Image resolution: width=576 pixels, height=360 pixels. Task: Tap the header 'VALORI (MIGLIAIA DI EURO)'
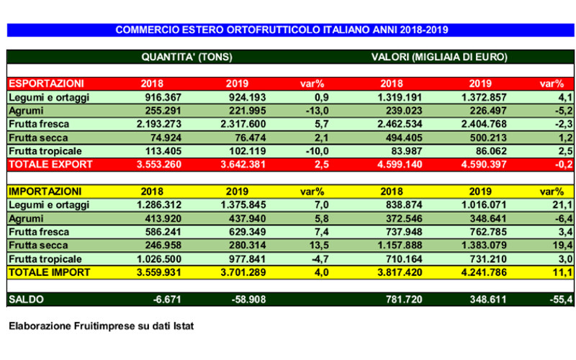click(x=439, y=57)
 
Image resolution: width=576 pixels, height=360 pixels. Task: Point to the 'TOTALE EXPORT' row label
click(x=50, y=166)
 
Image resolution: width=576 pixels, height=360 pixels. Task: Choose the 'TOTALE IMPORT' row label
click(x=49, y=273)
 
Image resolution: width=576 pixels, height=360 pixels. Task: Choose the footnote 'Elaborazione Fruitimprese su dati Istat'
click(x=102, y=326)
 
